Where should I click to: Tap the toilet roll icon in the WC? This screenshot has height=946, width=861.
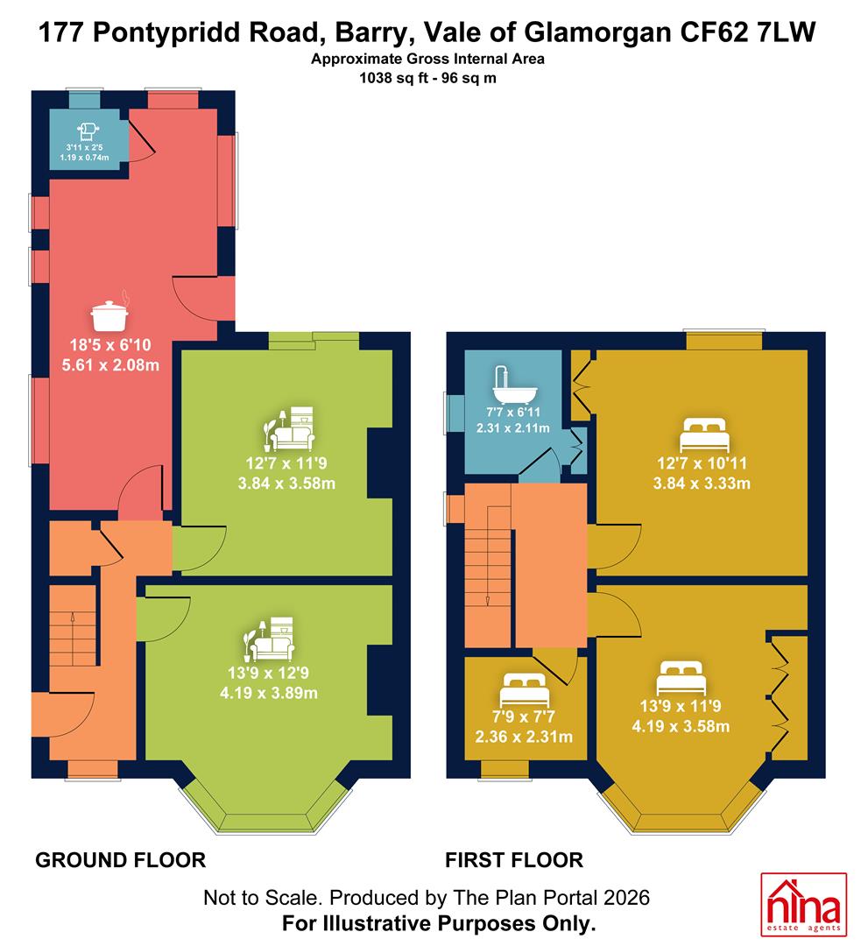88,131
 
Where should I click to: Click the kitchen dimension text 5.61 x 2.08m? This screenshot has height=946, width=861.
110,365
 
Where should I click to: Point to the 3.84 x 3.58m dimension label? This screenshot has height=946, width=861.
286,484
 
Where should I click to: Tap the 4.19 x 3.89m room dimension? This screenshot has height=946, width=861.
269,693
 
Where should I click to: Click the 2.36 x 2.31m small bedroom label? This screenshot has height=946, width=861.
524,737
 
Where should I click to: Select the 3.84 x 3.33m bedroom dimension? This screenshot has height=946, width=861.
702,484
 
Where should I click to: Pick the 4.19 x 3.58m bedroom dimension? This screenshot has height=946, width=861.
681,726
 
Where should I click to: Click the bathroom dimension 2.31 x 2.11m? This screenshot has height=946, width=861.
513,427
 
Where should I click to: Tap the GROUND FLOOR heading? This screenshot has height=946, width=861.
121,860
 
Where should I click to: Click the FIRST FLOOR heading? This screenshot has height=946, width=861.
514,860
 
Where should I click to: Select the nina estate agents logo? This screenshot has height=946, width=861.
803,904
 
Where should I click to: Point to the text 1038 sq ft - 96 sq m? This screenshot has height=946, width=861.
427,78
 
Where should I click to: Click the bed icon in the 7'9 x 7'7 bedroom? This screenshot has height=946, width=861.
524,690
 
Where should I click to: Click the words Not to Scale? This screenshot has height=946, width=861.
261,898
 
